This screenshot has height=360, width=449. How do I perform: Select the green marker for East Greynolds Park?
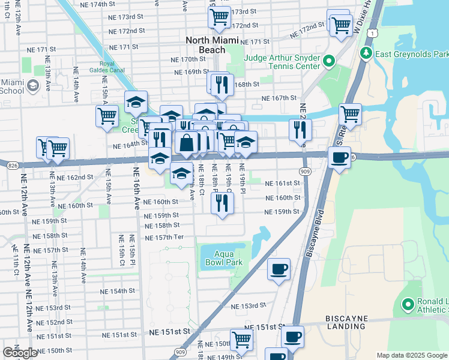[x=366, y=54]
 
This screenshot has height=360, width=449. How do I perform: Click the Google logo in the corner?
[x=20, y=353]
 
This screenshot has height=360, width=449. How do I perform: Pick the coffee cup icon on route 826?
[x=340, y=158]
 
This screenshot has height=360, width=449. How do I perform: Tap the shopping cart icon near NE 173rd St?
[x=219, y=17]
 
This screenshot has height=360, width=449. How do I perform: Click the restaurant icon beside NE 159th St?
[x=222, y=204]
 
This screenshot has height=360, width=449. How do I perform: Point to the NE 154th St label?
[x=113, y=291]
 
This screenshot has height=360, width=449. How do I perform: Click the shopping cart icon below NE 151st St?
[x=241, y=340]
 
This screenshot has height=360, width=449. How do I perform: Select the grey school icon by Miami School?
[x=31, y=87]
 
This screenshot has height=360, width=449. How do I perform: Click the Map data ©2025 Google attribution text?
[x=412, y=355]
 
